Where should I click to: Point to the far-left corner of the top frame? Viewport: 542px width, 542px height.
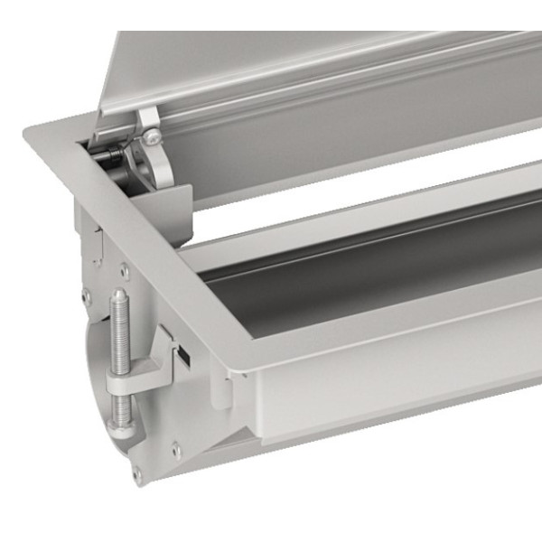[27, 129]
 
